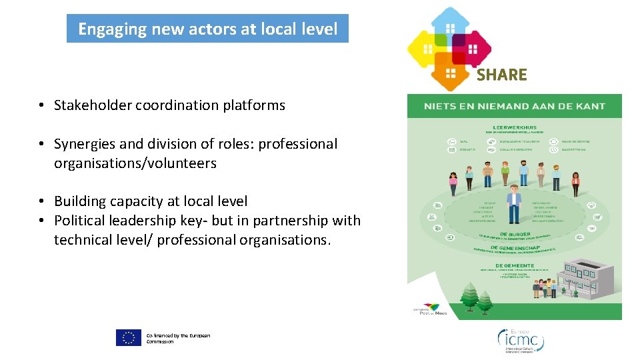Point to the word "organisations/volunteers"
click(135, 163)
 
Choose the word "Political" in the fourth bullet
click(79, 221)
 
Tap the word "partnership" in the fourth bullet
click(287, 221)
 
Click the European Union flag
click(129, 337)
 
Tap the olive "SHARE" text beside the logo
click(501, 75)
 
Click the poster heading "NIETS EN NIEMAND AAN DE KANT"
click(514, 106)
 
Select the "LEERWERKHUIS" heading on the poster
click(514, 128)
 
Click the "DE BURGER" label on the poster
click(511, 234)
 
